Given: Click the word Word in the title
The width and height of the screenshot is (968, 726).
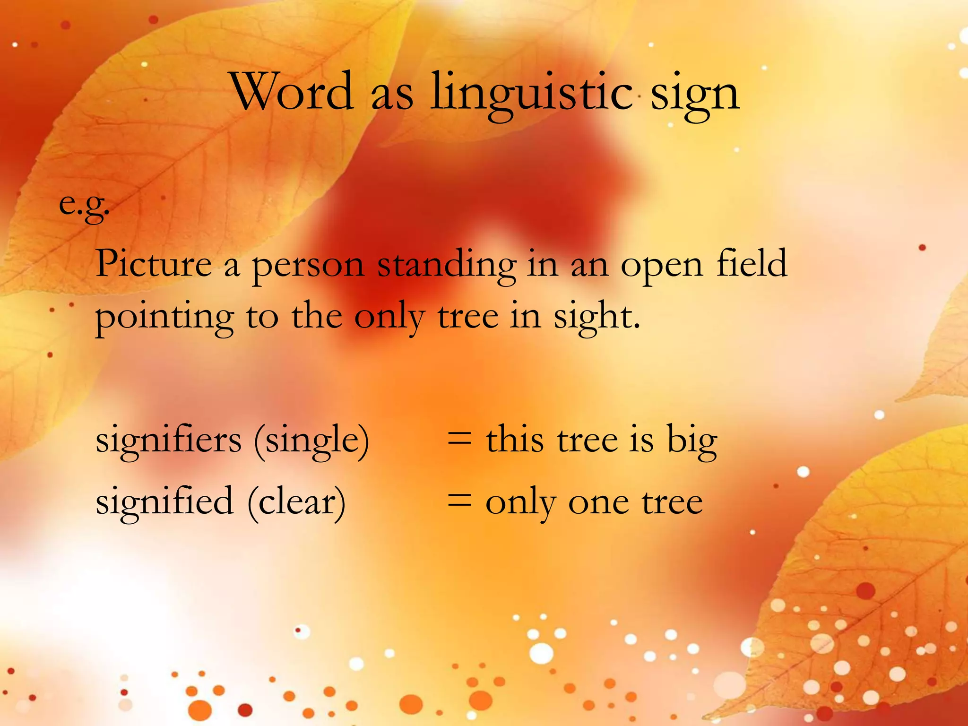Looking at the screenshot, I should (293, 92).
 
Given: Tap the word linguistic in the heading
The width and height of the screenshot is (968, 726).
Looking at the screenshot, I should (531, 95).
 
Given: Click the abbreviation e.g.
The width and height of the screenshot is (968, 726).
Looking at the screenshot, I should (84, 205).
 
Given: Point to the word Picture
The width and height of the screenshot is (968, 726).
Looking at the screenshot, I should (154, 264).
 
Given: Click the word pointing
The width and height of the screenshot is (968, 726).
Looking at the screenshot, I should (164, 318).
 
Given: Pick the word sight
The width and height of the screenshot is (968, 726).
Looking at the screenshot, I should (596, 317).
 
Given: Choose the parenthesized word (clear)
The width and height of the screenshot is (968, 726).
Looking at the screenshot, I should (296, 503).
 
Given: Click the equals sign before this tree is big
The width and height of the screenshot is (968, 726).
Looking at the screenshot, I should (459, 440).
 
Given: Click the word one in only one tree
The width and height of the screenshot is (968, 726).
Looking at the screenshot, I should (598, 503).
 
